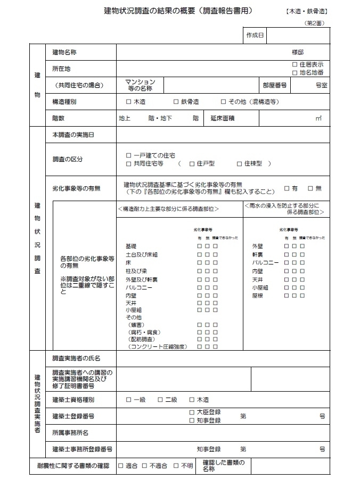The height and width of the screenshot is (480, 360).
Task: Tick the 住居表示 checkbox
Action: pos(294,64)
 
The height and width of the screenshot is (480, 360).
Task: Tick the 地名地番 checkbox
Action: pos(294,72)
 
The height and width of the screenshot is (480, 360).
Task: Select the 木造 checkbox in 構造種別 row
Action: pos(128,102)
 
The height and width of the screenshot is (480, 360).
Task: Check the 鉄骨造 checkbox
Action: pos(176,102)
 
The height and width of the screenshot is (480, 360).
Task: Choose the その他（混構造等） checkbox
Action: pos(224,102)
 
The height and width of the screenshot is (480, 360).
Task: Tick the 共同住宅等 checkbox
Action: pos(128,163)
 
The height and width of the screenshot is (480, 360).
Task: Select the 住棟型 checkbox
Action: pos(239,163)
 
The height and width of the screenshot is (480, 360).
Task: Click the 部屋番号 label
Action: pos(275,85)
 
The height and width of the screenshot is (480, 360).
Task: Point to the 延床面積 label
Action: pos(223,118)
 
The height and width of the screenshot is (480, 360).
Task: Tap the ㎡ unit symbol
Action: pos(319,118)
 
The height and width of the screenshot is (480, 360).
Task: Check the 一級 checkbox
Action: pos(128,400)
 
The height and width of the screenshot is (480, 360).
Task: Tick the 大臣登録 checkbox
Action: pos(192,412)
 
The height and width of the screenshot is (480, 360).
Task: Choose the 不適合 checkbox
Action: pos(144,466)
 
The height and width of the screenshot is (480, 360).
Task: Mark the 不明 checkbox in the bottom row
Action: pos(176,466)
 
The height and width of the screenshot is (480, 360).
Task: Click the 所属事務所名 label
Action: pos(70,433)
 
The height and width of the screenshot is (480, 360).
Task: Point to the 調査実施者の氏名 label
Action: pos(76,358)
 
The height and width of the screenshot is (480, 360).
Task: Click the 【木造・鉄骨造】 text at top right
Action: pos(306,11)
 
